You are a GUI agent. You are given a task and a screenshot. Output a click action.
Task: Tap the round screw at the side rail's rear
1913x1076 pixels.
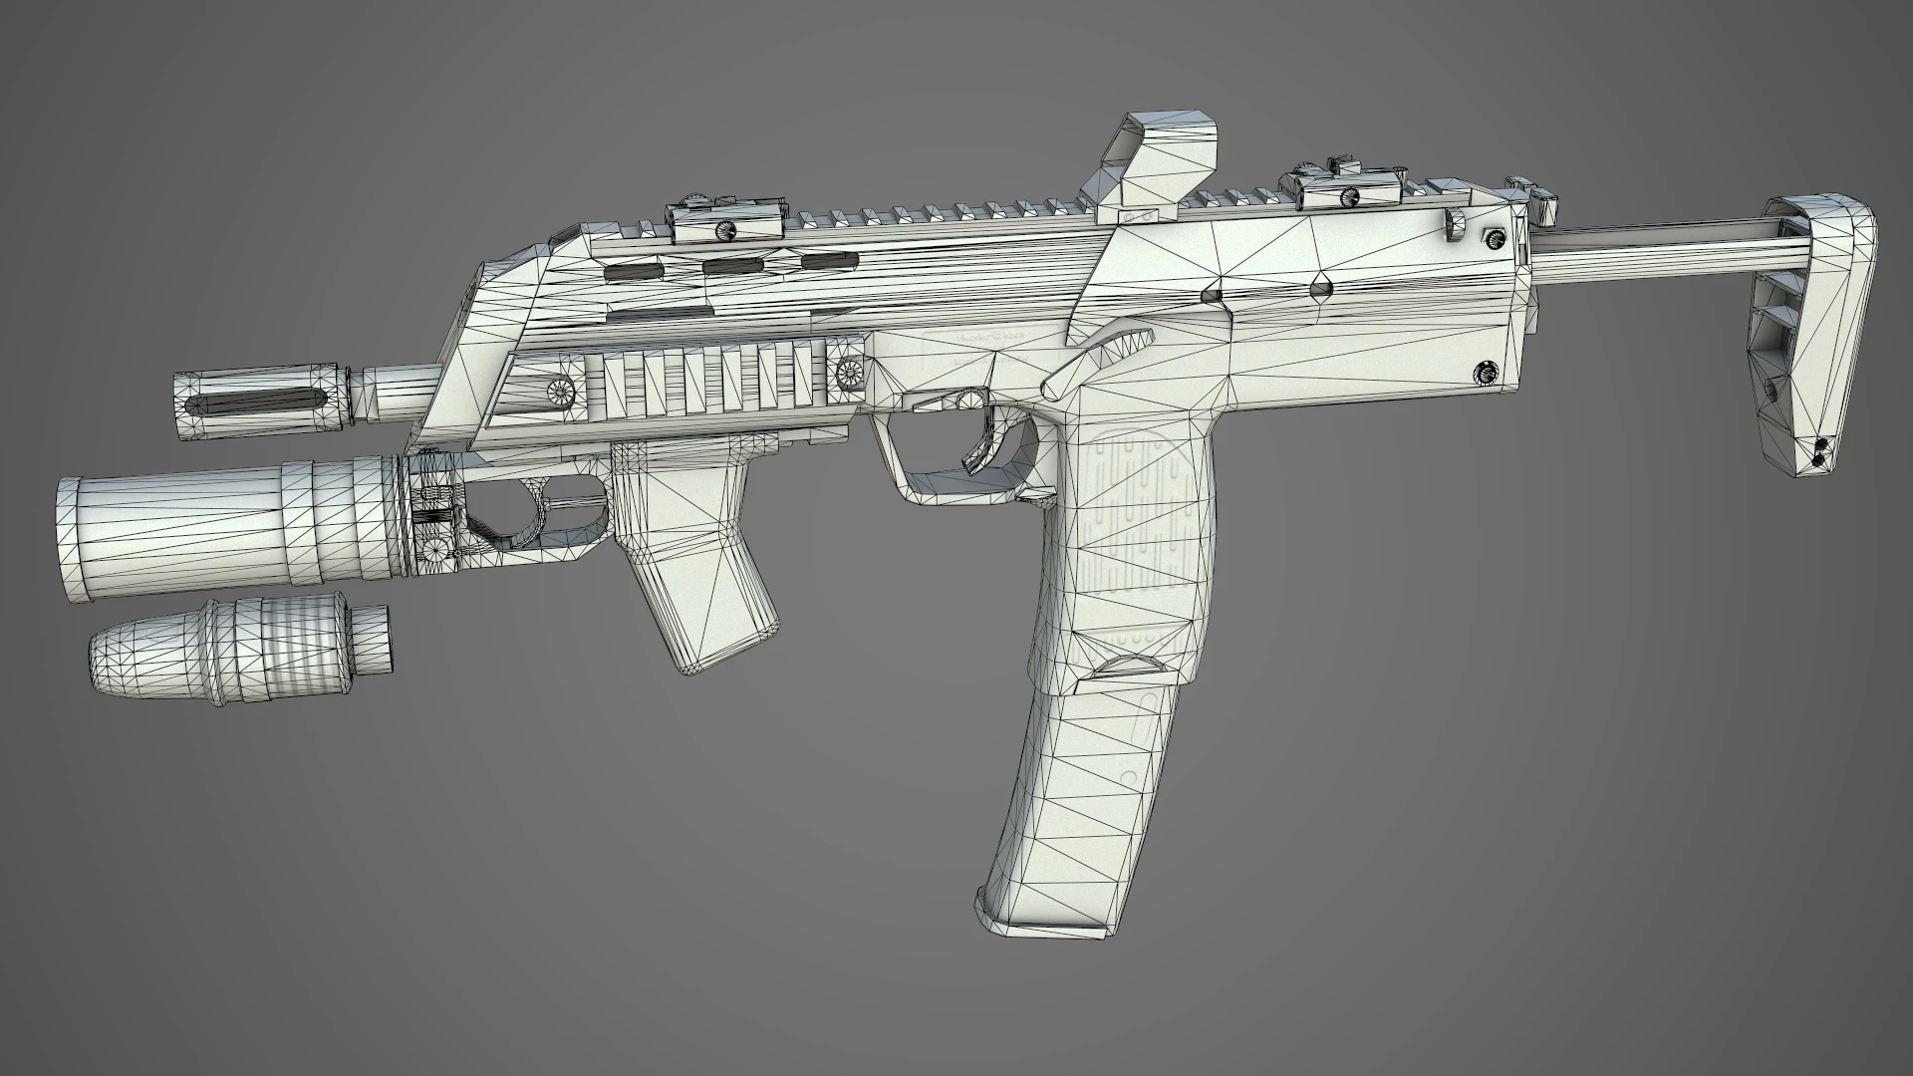pos(850,374)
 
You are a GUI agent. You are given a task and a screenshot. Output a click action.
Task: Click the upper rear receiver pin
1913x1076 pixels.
pos(1494,237)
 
